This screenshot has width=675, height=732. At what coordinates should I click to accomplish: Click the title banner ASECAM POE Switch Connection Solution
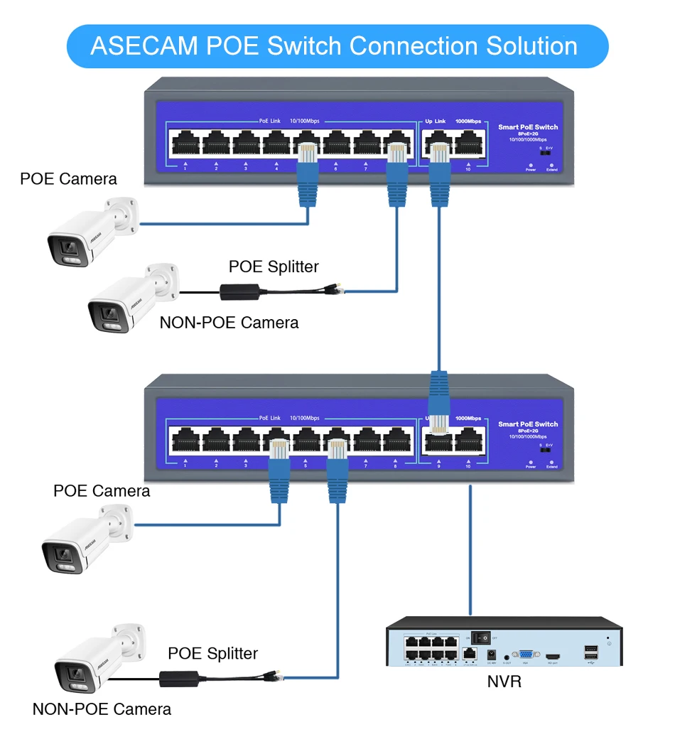coord(337,46)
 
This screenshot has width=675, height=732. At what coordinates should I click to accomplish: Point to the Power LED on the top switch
coord(531,163)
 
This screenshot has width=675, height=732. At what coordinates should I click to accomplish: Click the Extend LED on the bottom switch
coord(552,461)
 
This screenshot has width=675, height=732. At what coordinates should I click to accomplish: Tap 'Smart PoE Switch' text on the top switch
coord(528,127)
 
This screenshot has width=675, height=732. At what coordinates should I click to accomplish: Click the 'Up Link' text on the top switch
coord(435,122)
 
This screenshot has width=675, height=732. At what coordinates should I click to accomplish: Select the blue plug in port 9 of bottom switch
coord(438,402)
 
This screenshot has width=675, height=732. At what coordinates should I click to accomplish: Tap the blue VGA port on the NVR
coord(526,655)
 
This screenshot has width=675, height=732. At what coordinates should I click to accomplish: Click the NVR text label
coord(504,682)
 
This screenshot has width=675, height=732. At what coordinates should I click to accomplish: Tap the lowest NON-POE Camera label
coord(102,709)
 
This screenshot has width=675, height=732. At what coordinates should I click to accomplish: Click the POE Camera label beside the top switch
coord(68,178)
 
